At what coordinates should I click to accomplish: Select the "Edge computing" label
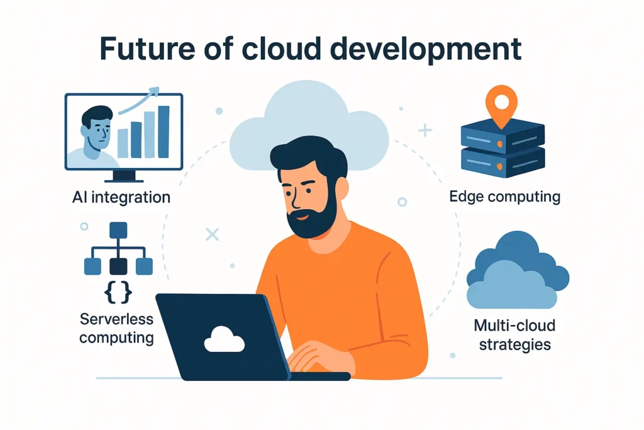505,197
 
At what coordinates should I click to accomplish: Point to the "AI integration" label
121,198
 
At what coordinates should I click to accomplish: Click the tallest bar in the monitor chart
164,132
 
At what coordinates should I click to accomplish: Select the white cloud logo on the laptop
225,339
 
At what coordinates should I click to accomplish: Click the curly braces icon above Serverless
118,292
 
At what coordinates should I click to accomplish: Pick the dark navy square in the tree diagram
118,266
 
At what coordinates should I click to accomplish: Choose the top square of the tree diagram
118,230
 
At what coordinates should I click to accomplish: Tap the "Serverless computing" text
116,328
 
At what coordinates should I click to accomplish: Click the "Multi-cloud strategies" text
514,335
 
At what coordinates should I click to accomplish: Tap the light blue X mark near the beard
213,235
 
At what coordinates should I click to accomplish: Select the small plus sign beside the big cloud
425,130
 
